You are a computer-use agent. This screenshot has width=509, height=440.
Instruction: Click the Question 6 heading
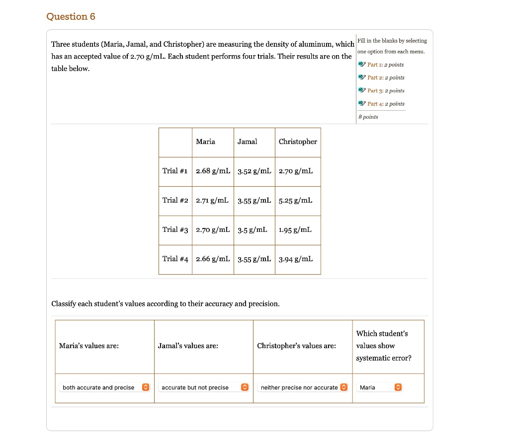point(71,17)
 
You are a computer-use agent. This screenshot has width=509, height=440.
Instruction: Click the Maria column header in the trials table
point(205,142)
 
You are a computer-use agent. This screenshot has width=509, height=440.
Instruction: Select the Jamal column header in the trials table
point(247,142)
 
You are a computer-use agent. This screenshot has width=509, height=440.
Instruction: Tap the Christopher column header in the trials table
point(298,142)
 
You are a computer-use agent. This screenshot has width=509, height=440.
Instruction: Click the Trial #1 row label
point(175,171)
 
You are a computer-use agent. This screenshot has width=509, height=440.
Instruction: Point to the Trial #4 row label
point(175,259)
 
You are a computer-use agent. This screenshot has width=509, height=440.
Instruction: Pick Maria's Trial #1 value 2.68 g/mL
point(213,171)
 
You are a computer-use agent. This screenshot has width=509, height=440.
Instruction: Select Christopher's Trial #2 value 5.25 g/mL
point(296,201)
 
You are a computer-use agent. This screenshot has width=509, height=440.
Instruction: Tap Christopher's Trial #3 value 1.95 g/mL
point(295,230)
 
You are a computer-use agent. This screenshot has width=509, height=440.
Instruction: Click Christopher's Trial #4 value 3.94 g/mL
point(296,259)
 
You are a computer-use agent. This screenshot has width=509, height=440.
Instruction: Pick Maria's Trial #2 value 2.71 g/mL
point(212,201)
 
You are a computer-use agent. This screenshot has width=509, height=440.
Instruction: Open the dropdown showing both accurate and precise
point(104,387)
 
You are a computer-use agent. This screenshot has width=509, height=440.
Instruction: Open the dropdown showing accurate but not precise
point(203,387)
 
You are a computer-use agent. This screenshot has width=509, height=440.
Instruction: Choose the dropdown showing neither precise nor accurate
point(302,387)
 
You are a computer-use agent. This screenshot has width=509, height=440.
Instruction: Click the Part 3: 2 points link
point(385,91)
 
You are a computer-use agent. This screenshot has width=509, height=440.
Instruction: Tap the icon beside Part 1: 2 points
point(361,65)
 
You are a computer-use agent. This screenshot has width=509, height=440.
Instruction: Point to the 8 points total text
point(368,117)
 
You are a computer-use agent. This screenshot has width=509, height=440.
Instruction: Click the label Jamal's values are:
point(188,346)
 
